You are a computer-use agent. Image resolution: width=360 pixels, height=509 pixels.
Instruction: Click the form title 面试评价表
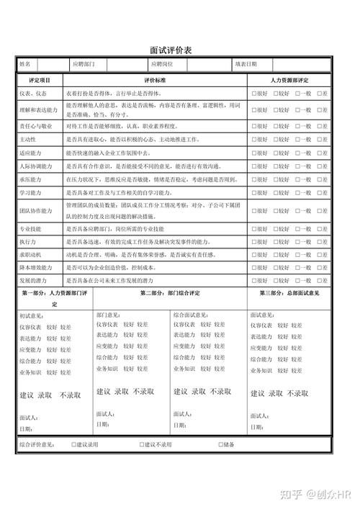click(x=180, y=50)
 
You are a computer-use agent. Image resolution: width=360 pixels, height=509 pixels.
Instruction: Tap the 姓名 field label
click(x=25, y=64)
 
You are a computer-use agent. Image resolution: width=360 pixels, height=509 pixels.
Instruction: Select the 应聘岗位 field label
click(x=159, y=64)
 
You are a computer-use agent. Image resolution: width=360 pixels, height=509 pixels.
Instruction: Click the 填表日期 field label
click(x=246, y=64)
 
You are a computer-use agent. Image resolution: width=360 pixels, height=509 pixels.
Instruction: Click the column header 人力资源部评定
click(x=289, y=80)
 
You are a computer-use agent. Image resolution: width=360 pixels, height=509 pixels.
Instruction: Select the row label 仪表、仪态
click(x=33, y=94)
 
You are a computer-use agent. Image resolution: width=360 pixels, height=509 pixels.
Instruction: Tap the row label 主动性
click(x=28, y=139)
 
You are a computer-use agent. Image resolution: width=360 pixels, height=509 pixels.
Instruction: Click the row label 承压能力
click(x=30, y=179)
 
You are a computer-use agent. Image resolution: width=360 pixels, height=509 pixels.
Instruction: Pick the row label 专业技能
click(x=30, y=228)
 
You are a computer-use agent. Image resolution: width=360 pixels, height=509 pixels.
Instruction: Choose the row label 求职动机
click(x=30, y=254)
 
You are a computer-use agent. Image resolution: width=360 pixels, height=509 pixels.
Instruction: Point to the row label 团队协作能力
click(x=36, y=211)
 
